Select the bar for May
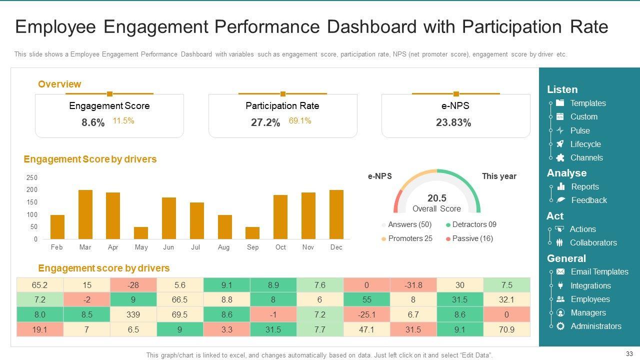point(141,233)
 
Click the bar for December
point(336,214)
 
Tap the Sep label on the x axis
point(252,247)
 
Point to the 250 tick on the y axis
point(31,177)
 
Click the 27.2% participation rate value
point(265,123)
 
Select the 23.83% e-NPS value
point(453,123)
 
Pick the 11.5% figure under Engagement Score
point(123,121)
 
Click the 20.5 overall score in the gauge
point(436,198)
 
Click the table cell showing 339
point(133,314)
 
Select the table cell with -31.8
point(413,285)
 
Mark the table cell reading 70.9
point(506,329)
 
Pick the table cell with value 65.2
point(39,285)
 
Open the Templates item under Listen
point(587,103)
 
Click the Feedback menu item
point(588,200)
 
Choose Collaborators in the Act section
point(593,242)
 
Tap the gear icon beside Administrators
point(560,326)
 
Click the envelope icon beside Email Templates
point(560,271)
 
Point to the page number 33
point(629,353)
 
